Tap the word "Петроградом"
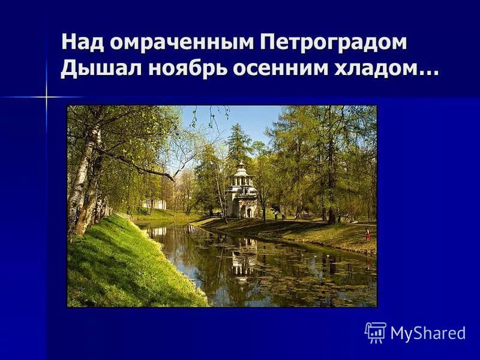coord(334,43)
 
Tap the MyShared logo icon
coord(376,332)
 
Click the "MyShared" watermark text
coord(428,333)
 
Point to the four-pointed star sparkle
coord(46,97)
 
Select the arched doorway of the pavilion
coord(248,211)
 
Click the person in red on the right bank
coord(367,235)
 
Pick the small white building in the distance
coord(155,204)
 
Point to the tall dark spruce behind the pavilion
coord(238,144)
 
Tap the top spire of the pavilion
coord(241,164)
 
